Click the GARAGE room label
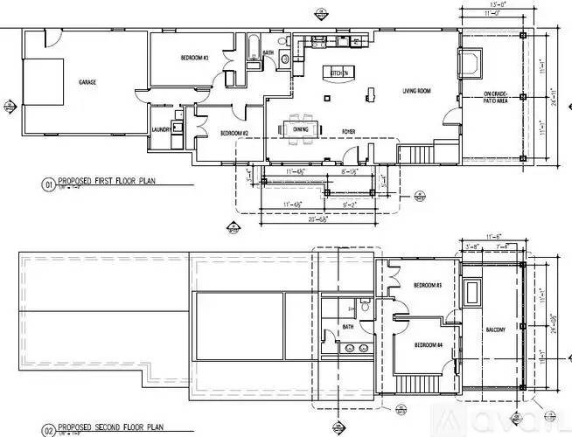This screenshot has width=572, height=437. pyautogui.click(x=87, y=82)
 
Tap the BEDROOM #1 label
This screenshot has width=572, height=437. pyautogui.click(x=193, y=59)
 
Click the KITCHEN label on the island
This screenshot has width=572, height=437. pyautogui.click(x=338, y=73)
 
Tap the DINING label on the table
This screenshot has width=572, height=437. pyautogui.click(x=301, y=128)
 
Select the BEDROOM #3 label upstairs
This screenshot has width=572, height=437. pyautogui.click(x=428, y=287)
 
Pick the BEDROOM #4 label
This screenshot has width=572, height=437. pyautogui.click(x=428, y=344)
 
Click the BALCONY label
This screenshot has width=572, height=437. pyautogui.click(x=496, y=329)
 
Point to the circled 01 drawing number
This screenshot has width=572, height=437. pyautogui.click(x=48, y=185)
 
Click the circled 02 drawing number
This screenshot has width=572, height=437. pyautogui.click(x=48, y=429)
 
